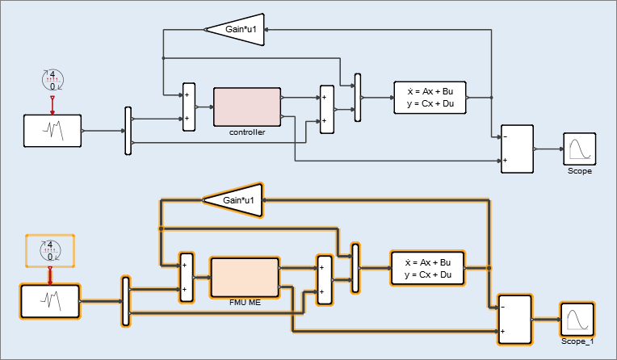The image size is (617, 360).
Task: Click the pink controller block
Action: [246, 107]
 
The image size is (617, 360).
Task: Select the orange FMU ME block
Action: [243, 278]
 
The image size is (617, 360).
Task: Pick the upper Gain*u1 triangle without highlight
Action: [234, 30]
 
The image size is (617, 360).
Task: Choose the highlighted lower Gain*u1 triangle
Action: [233, 200]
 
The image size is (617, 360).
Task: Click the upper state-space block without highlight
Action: [430, 98]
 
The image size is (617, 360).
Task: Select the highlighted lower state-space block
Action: [427, 269]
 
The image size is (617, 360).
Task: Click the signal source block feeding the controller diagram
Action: [52, 131]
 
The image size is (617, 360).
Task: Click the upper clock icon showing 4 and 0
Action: [52, 80]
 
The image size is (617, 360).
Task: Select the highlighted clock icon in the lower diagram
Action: [50, 250]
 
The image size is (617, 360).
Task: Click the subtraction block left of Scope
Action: [517, 149]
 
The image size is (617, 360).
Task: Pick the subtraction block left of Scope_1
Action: [514, 320]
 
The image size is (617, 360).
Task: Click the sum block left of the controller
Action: [189, 107]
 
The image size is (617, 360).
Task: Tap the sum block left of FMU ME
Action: [187, 278]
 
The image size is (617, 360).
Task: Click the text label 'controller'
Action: [247, 132]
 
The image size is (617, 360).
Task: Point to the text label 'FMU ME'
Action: [244, 303]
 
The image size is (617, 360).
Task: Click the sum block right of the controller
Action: [326, 109]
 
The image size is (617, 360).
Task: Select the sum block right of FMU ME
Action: [324, 280]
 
